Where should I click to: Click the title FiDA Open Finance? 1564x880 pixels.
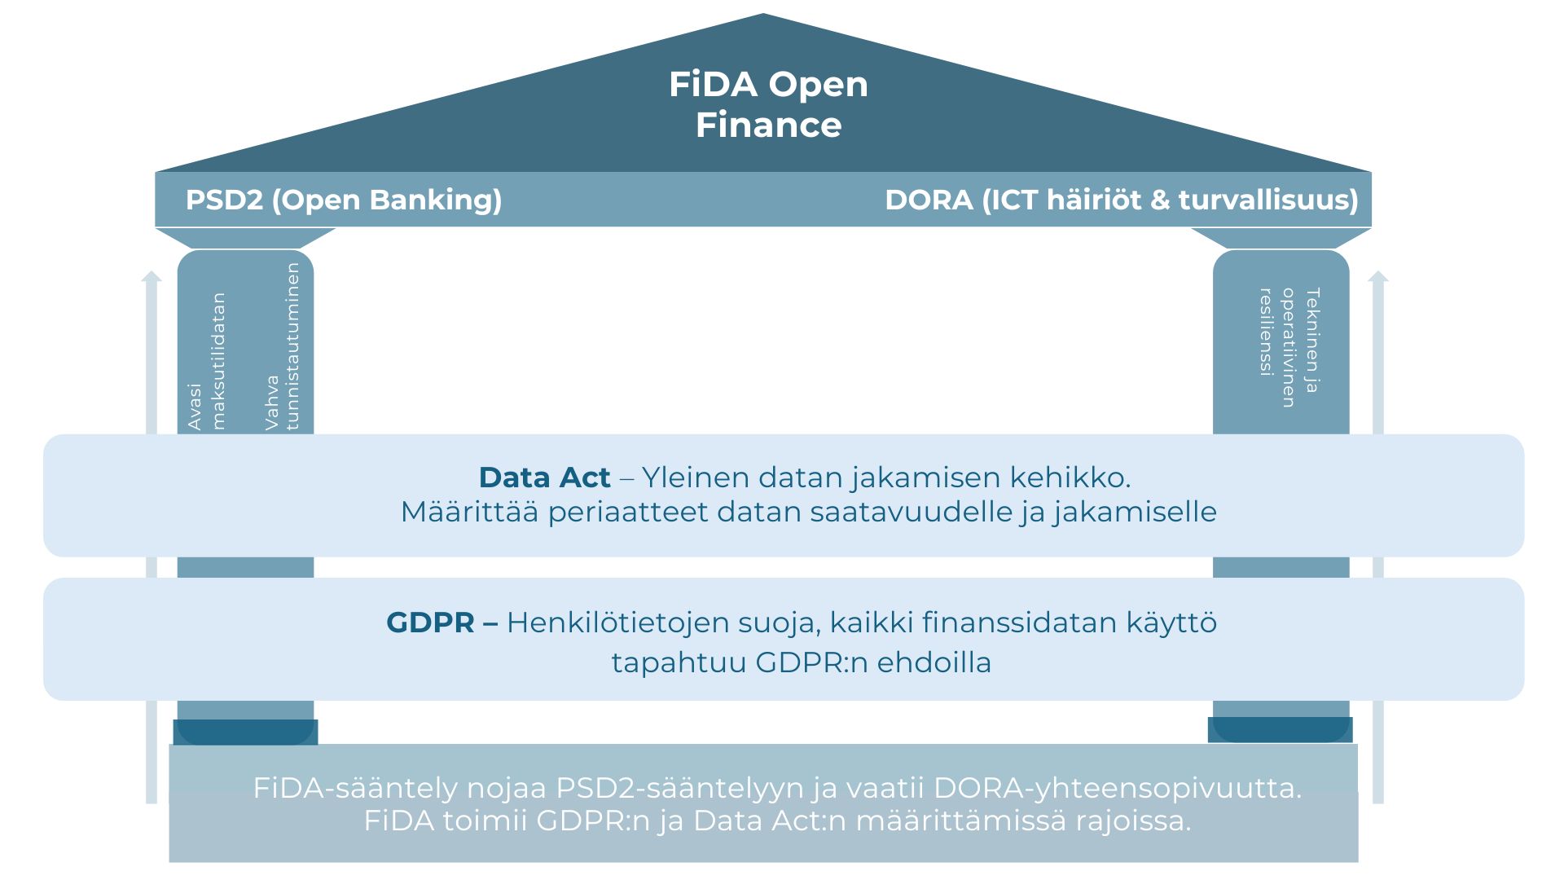pos(768,104)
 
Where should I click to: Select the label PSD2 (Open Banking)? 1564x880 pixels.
pos(344,200)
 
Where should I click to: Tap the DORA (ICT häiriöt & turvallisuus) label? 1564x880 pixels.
pos(1122,200)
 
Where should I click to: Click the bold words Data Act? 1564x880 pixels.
pos(544,477)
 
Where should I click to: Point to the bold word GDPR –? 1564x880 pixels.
pos(442,623)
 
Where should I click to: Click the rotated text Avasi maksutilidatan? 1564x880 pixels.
pos(207,361)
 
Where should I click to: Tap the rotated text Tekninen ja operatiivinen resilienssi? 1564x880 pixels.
pos(1289,347)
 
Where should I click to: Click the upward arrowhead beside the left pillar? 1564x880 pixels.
pos(152,276)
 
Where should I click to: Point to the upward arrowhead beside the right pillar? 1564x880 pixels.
pos(1378,276)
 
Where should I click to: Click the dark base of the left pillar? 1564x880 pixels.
pos(245,732)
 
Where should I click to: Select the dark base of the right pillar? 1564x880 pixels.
pos(1280,729)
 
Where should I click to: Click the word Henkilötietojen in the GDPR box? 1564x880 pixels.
pos(618,623)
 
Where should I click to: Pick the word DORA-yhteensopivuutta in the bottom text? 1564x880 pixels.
pos(1118,788)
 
